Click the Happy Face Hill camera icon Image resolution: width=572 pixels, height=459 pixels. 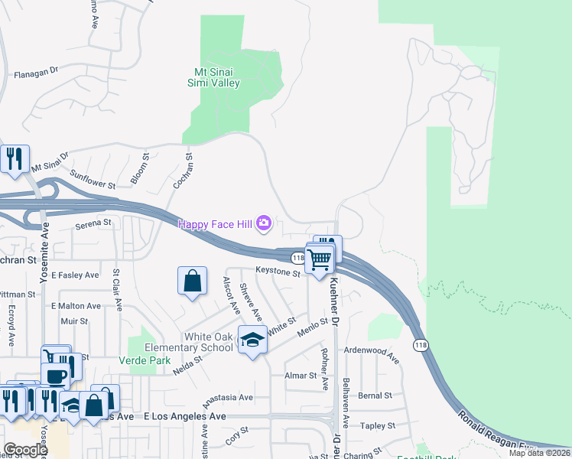pyautogui.click(x=264, y=223)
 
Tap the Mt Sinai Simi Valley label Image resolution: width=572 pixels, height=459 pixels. pyautogui.click(x=214, y=78)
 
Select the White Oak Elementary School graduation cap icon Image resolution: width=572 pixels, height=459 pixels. pyautogui.click(x=252, y=338)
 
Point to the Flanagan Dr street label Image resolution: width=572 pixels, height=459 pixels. pyautogui.click(x=36, y=74)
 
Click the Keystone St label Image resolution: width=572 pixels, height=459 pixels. pyautogui.click(x=278, y=272)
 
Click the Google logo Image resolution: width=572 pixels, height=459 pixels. pyautogui.click(x=25, y=450)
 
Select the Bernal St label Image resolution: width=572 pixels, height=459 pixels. pyautogui.click(x=375, y=396)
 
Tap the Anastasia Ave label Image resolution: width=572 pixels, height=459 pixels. pyautogui.click(x=227, y=398)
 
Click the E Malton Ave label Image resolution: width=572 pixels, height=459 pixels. pyautogui.click(x=76, y=306)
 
